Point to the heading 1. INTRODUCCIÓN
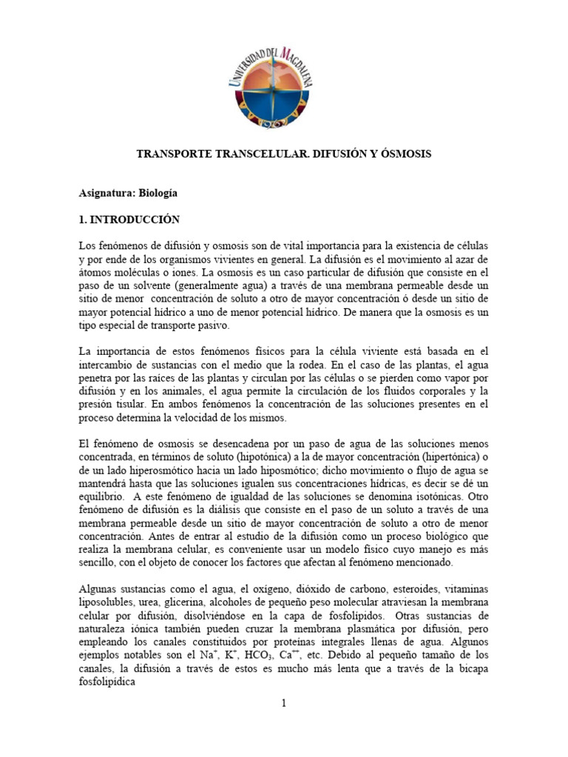(129, 220)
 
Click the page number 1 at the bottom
(283, 703)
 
